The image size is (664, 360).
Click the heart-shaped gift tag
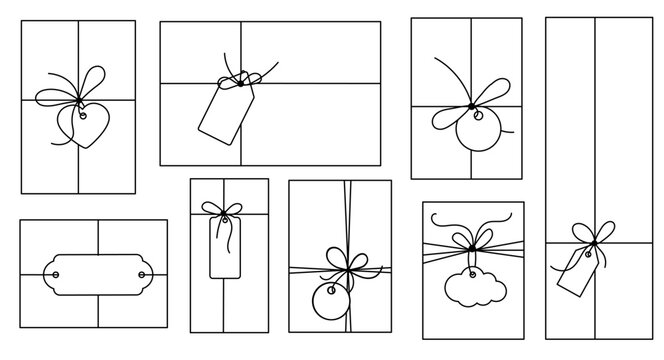tap(79, 127)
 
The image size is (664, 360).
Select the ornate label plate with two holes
tap(97, 272)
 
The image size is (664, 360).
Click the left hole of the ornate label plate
tap(56, 271)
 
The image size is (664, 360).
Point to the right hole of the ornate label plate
tap(140, 271)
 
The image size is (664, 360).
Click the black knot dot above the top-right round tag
tap(470, 106)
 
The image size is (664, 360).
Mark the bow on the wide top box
tap(241, 76)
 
